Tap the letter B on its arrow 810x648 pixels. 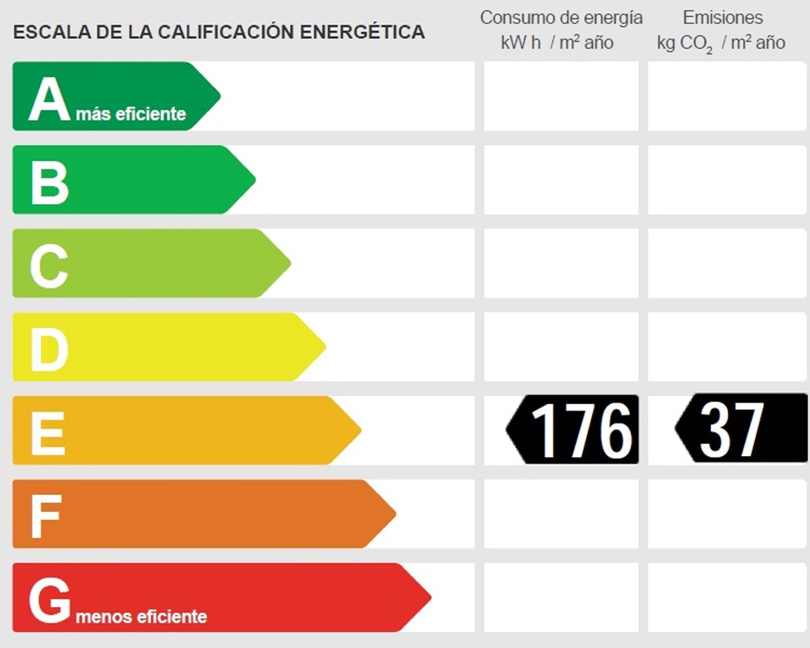[x=49, y=182]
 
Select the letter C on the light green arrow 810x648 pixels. [x=49, y=266]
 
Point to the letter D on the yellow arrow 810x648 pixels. [x=49, y=349]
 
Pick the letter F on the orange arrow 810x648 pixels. [x=45, y=516]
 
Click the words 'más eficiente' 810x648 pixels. [x=131, y=114]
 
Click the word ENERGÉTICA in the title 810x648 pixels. [x=362, y=32]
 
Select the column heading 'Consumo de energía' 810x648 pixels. [x=561, y=18]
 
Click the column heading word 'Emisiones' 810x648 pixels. [x=723, y=18]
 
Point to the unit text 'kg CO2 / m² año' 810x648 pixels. [x=721, y=43]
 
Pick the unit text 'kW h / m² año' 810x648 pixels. [x=557, y=43]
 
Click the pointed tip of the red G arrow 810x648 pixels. [x=429, y=598]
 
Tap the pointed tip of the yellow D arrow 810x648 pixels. [x=324, y=347]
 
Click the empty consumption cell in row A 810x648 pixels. [x=561, y=96]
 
